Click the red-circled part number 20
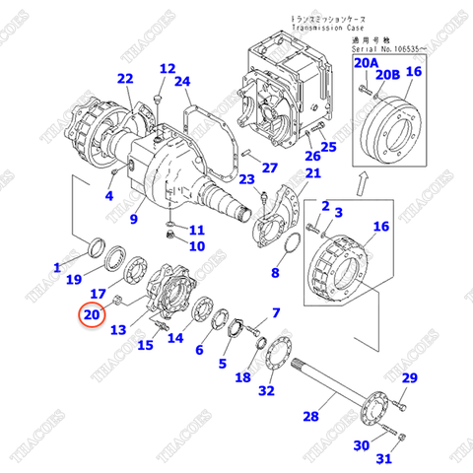(92, 314)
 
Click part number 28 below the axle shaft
(310, 417)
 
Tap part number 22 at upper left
(124, 79)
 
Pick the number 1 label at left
(57, 266)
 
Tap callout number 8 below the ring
(276, 272)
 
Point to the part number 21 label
(312, 174)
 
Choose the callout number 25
(328, 148)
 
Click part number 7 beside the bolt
(276, 313)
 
